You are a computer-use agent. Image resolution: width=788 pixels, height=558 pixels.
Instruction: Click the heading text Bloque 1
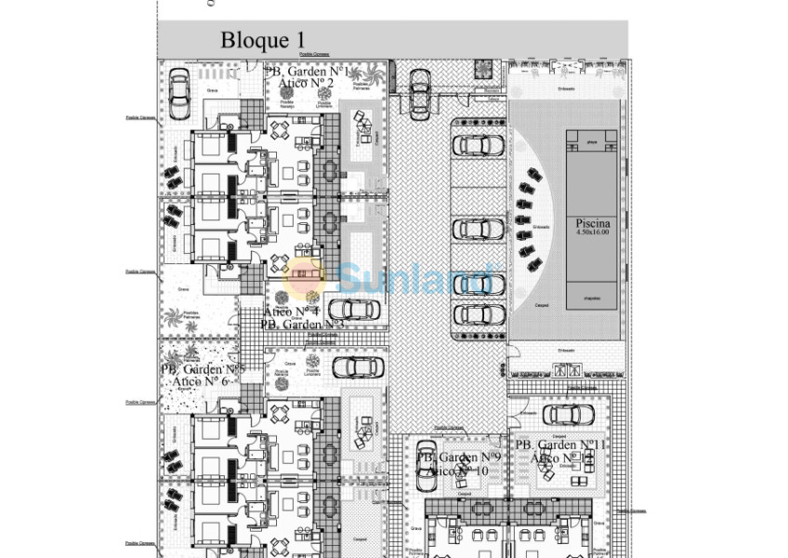pyautogui.click(x=263, y=40)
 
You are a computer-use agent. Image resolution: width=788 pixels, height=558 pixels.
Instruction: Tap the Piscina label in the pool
pyautogui.click(x=593, y=224)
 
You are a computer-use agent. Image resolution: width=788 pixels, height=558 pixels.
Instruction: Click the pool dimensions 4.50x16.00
pyautogui.click(x=593, y=233)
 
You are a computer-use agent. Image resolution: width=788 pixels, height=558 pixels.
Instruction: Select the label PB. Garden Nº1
pyautogui.click(x=308, y=72)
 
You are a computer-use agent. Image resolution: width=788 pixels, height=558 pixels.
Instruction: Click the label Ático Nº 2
pyautogui.click(x=307, y=84)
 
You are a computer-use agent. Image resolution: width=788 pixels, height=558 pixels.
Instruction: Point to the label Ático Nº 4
pyautogui.click(x=292, y=312)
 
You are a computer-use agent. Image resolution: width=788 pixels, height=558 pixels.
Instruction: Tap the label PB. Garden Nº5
pyautogui.click(x=202, y=369)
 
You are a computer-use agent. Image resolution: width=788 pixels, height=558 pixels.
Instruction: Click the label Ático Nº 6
pyautogui.click(x=201, y=381)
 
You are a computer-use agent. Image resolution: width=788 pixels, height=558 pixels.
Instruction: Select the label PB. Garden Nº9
pyautogui.click(x=459, y=458)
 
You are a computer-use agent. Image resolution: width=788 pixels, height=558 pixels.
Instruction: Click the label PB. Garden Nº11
pyautogui.click(x=568, y=445)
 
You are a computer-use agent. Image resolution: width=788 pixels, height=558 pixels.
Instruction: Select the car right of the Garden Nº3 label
pyautogui.click(x=354, y=310)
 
